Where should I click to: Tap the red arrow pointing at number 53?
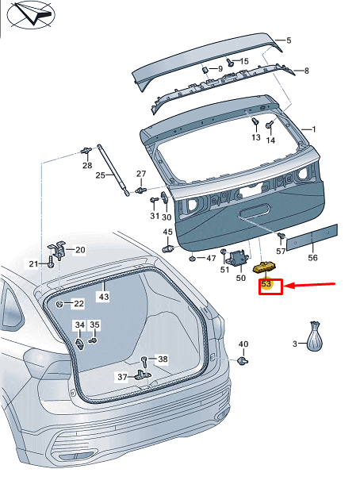310,284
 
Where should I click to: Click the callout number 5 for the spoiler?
289,40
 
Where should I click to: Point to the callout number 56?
312,258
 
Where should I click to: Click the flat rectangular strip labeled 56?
312,236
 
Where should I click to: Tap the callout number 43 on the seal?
103,296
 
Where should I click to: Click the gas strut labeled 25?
113,169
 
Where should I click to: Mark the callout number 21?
33,264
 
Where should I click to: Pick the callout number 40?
243,344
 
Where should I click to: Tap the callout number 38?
163,359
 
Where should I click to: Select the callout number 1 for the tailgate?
313,129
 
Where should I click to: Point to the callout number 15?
243,61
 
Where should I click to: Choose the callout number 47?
211,259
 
